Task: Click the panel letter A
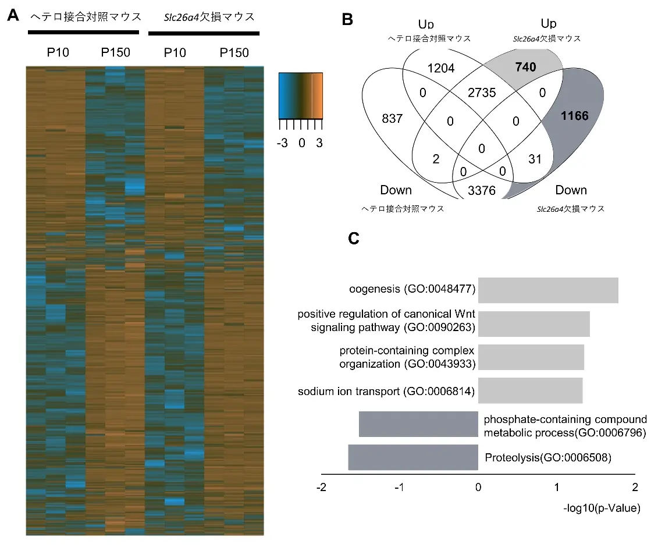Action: pos(12,16)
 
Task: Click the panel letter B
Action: pos(347,19)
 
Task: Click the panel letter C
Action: pos(353,238)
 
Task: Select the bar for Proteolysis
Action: pos(413,457)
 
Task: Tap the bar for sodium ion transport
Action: pos(530,390)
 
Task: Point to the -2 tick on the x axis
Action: pos(321,486)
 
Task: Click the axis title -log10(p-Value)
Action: pos(602,509)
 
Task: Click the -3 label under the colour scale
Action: pos(283,143)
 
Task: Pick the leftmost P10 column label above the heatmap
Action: pos(58,53)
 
